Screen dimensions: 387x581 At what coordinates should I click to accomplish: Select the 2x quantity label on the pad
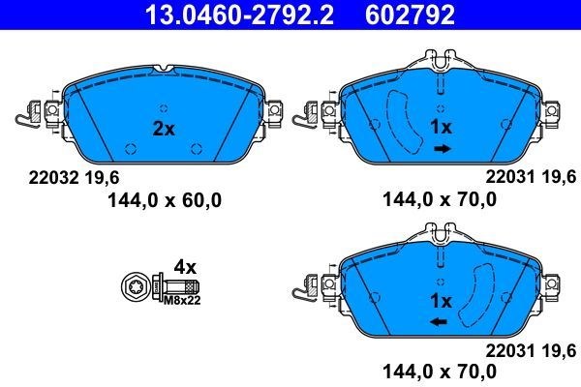(163, 128)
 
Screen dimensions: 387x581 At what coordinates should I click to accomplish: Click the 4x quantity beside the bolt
(185, 266)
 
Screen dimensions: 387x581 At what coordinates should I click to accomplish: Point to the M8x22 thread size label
(180, 301)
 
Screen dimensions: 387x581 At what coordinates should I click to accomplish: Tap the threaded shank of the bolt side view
(189, 287)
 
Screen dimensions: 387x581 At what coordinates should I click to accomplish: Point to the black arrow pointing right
(443, 149)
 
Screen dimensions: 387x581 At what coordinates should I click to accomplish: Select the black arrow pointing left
(438, 322)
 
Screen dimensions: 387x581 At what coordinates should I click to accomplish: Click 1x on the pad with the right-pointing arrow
(442, 128)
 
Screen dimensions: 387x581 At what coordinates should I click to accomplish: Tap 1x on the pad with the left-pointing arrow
(441, 299)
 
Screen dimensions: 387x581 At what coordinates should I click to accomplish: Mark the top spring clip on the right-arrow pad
(439, 62)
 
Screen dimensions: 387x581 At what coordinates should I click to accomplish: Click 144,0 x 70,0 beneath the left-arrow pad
(436, 372)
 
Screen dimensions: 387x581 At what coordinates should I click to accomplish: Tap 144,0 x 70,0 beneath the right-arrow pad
(436, 200)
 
